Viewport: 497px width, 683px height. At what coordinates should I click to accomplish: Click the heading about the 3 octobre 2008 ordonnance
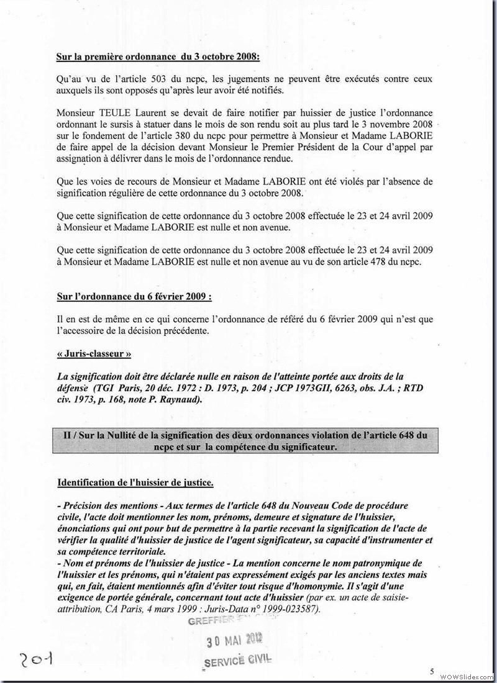pos(158,57)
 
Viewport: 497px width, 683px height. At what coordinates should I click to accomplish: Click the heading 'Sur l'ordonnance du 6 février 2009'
pos(134,297)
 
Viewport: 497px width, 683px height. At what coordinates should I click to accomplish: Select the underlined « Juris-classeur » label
pos(94,354)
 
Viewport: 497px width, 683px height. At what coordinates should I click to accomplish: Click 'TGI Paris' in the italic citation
pos(115,387)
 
